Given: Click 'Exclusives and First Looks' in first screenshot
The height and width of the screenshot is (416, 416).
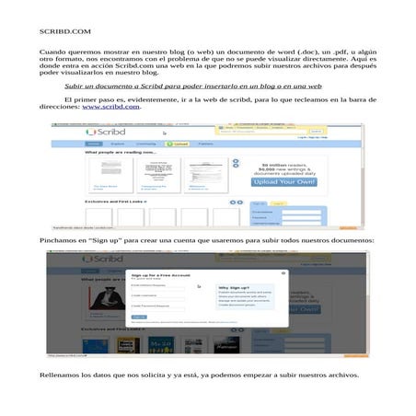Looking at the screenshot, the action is click(x=114, y=200).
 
